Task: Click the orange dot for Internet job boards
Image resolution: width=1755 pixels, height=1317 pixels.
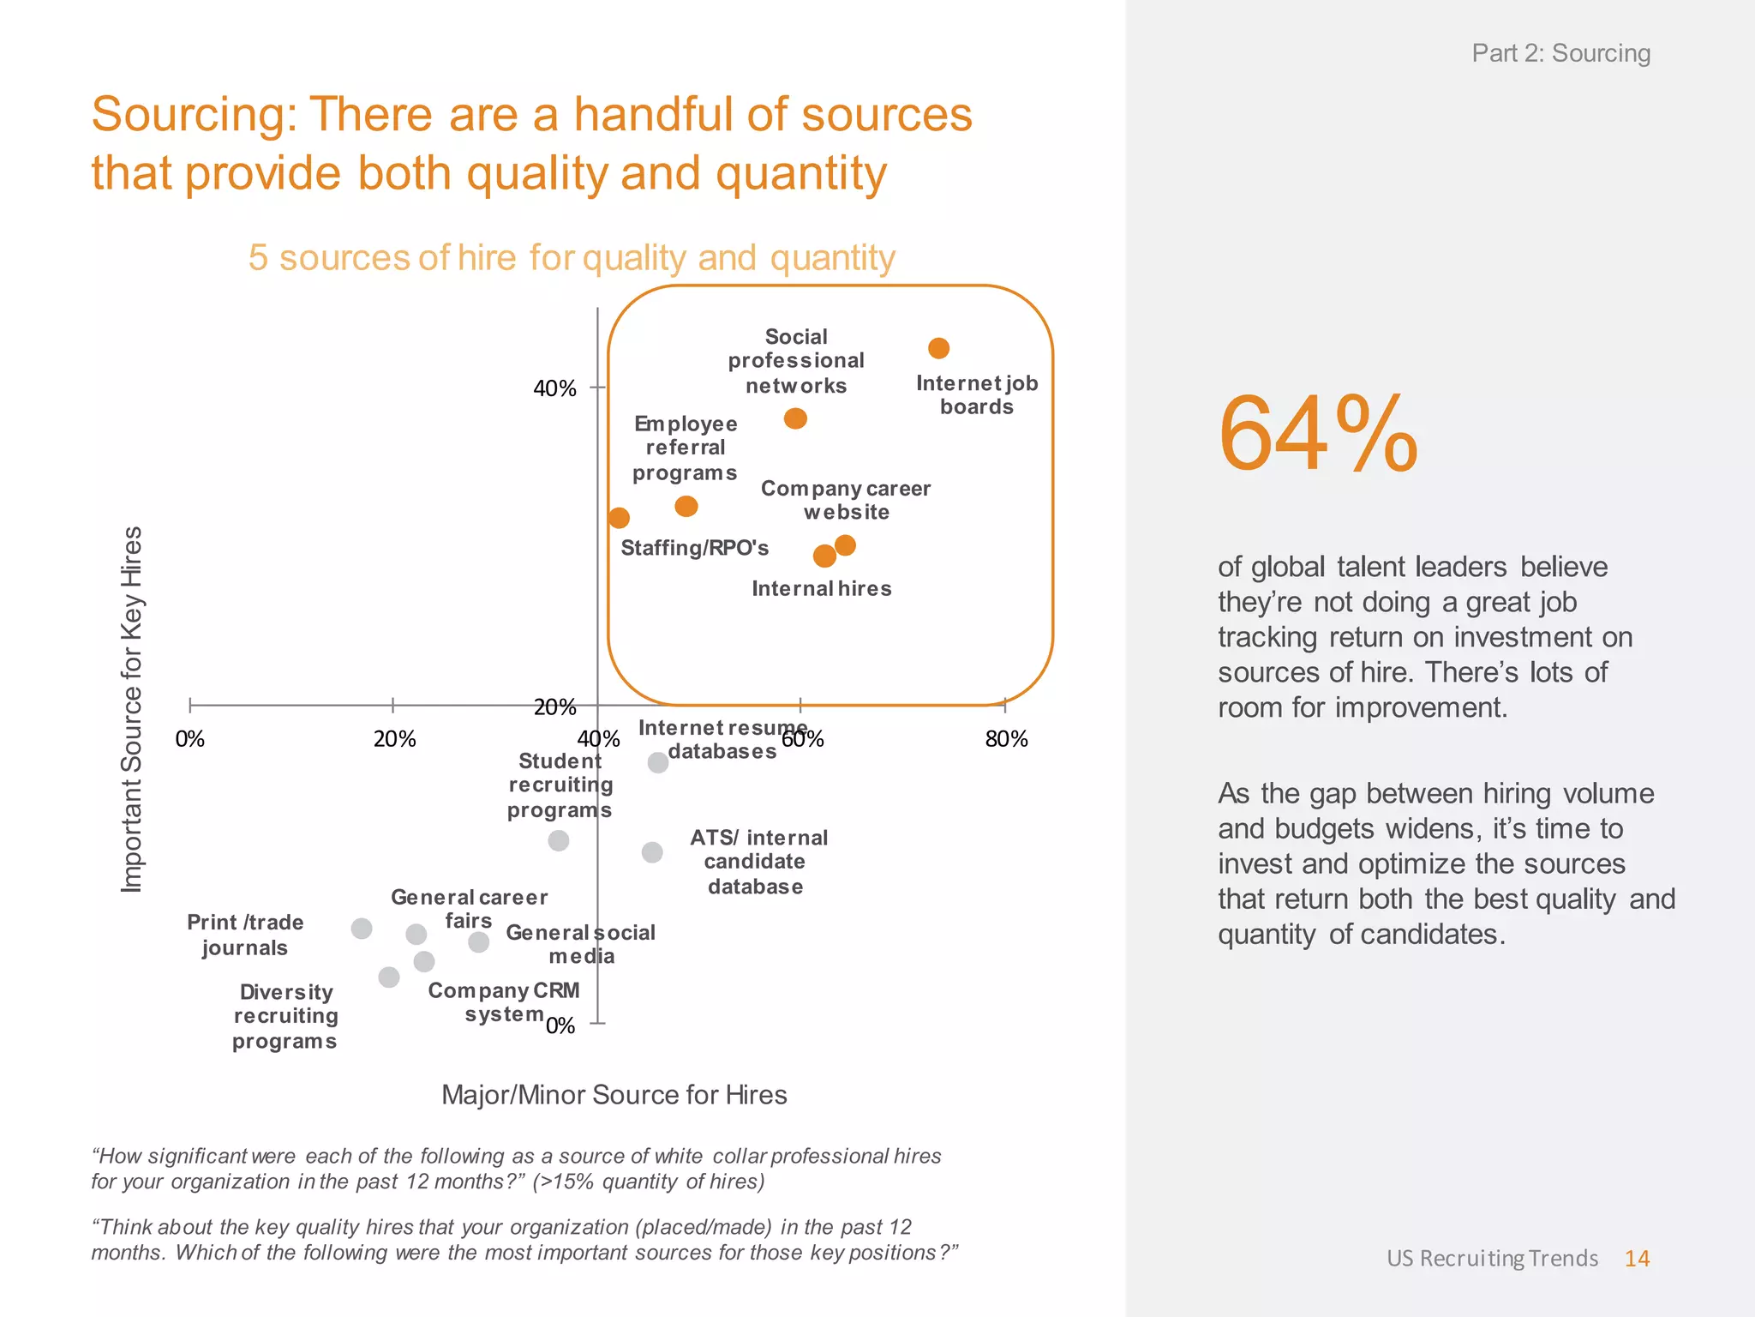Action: (938, 348)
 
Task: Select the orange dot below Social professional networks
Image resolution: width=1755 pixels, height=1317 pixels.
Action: (795, 418)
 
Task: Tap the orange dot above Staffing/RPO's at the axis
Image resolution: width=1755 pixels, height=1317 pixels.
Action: (619, 518)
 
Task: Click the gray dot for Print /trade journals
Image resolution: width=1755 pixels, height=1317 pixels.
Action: (362, 929)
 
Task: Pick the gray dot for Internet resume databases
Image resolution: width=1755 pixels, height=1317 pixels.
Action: (657, 762)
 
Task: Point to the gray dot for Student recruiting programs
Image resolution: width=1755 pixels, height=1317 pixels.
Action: (559, 840)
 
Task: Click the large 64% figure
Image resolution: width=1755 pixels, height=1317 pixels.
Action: (1317, 434)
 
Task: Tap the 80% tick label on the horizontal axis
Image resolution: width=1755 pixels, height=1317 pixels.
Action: (1006, 739)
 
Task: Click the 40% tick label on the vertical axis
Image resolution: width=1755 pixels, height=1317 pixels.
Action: (554, 388)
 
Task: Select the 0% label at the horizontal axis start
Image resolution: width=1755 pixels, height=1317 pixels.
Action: (190, 739)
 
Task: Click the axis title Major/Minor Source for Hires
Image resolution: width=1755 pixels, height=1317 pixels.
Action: (614, 1095)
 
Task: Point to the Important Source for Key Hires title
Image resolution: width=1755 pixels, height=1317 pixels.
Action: (131, 709)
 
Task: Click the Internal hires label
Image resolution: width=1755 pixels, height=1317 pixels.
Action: (821, 588)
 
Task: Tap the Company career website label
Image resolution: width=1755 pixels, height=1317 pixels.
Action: (845, 500)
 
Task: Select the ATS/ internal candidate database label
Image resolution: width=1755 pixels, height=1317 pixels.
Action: (758, 862)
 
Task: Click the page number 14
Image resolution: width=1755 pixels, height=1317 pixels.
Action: (1637, 1258)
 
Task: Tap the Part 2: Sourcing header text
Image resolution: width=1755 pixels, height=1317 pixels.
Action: (1560, 53)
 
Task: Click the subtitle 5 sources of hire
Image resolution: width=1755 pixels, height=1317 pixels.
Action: (572, 257)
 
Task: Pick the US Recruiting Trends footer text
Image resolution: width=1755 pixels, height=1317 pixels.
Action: (1492, 1258)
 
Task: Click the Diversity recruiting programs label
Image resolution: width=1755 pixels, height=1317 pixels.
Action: (285, 1016)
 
